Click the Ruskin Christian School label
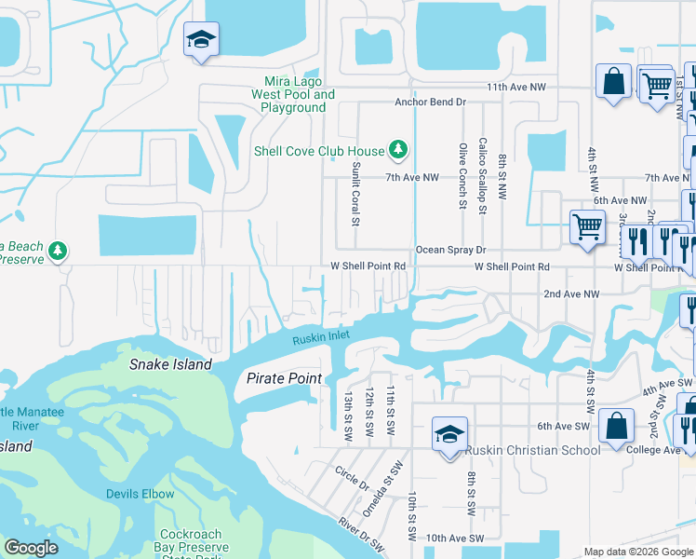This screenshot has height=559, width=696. point(533,451)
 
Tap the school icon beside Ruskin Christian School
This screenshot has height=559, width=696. point(449,435)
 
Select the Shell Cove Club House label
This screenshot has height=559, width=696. point(319,151)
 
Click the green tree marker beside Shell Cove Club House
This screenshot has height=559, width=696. point(398,149)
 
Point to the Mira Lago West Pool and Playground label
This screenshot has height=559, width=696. point(293,94)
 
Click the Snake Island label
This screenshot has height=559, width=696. point(170,365)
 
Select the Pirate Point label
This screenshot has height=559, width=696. point(284,378)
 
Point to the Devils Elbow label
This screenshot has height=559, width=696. point(140,494)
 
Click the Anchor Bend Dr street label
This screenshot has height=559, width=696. point(429,102)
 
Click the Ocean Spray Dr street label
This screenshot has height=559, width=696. point(450,250)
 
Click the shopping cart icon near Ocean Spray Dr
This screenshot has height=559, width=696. point(587,226)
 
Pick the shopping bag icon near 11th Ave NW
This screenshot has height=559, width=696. point(614,80)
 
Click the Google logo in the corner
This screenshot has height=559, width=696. point(31,548)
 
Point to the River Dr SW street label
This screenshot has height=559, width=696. point(361,536)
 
